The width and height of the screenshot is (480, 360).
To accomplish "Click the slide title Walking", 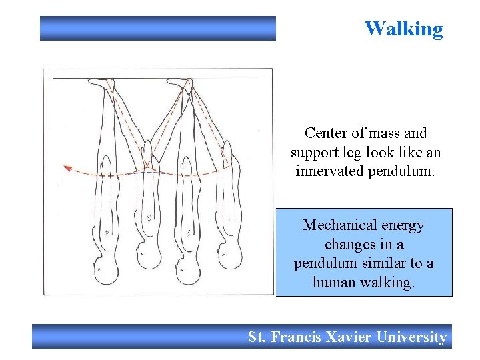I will point(403,29).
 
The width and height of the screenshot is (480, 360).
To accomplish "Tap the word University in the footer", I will point(411,337).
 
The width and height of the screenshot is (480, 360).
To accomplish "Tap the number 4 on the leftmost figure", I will point(107,233).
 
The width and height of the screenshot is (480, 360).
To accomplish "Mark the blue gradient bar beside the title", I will point(157,29).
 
